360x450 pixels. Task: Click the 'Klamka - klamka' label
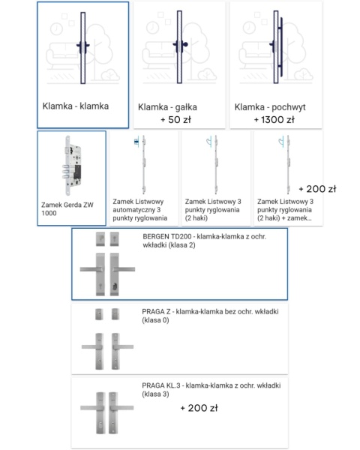coord(76,106)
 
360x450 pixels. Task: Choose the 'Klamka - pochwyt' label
coord(270,107)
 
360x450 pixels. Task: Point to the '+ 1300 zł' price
coord(274,119)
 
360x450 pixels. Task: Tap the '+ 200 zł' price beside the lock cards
coord(317,189)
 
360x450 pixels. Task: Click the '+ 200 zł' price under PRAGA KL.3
coord(199,409)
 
